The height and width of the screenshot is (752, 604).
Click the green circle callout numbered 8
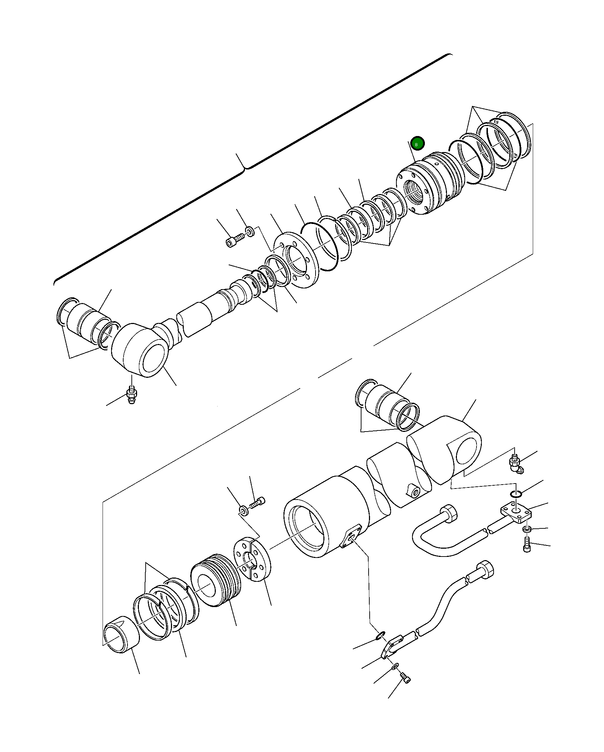point(417,144)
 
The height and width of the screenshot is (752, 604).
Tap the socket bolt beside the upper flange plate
point(234,240)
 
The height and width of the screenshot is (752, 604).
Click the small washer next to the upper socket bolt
point(250,230)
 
